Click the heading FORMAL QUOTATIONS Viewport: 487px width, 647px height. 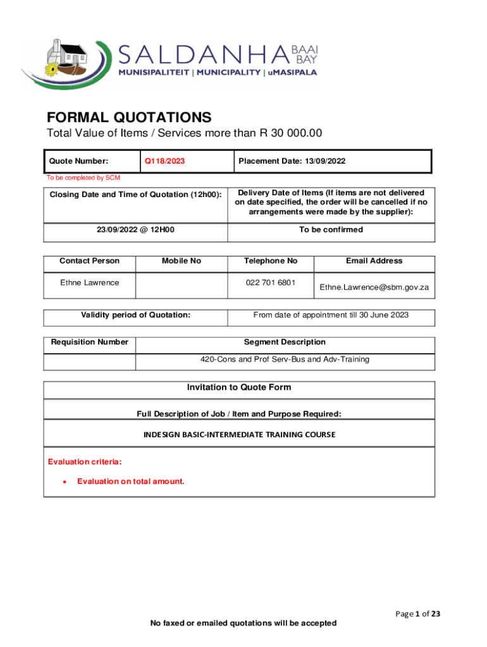[129, 118]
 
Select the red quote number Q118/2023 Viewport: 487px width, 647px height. [164, 161]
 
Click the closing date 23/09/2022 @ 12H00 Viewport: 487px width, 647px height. [135, 230]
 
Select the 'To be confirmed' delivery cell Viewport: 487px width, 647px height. [331, 230]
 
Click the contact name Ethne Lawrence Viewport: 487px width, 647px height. [89, 282]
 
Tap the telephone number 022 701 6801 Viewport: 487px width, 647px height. [271, 282]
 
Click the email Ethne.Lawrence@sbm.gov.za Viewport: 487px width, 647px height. [374, 287]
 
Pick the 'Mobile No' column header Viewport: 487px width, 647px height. [181, 261]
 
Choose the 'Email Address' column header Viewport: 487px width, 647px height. [374, 261]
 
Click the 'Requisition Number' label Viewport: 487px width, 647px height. [90, 342]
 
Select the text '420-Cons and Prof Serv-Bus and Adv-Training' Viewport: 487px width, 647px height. [285, 360]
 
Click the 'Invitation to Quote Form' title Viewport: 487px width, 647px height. [239, 387]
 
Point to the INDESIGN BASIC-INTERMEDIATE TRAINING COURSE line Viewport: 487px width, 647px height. [239, 435]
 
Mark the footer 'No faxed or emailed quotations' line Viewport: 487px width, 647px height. [243, 623]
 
